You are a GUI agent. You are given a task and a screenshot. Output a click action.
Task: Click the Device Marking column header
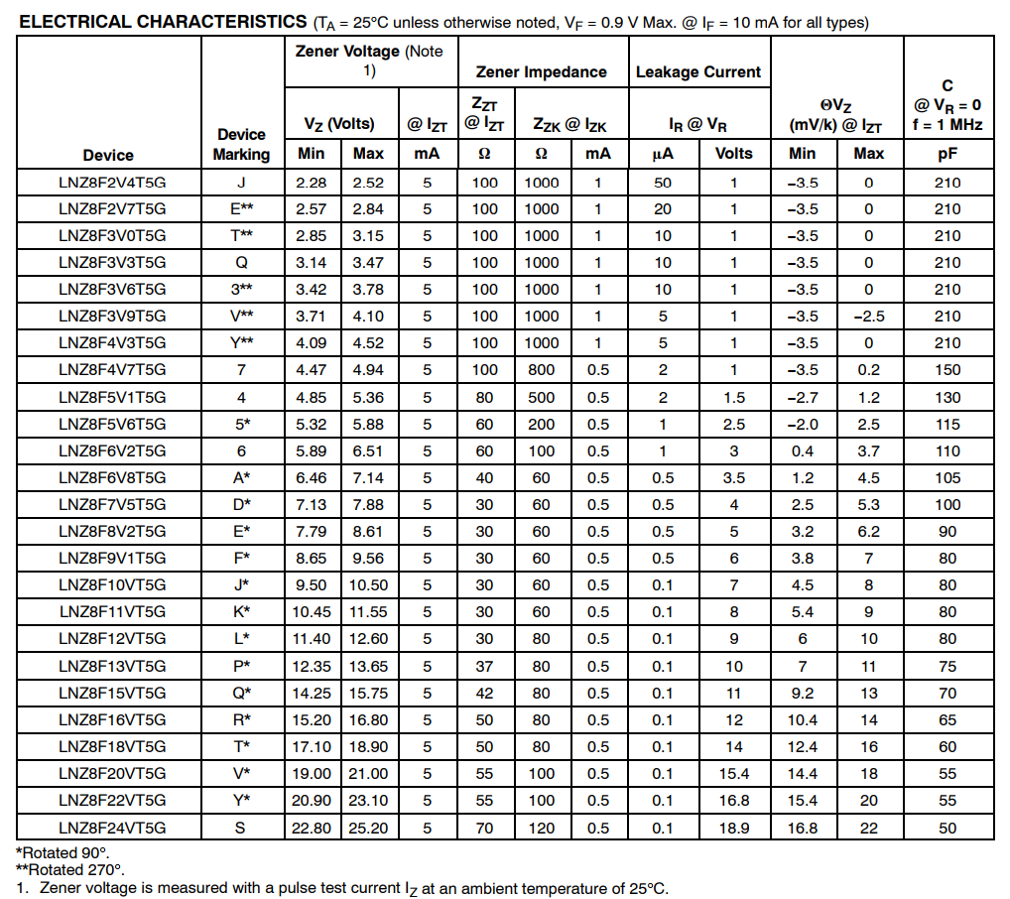coord(241,144)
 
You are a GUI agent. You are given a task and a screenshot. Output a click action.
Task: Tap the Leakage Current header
coord(697,71)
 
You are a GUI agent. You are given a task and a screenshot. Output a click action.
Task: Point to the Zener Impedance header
coord(541,71)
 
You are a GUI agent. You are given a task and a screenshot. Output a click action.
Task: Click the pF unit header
coord(947,154)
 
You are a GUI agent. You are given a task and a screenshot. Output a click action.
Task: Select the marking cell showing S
coord(241,827)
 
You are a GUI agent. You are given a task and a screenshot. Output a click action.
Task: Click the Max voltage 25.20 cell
coord(368,827)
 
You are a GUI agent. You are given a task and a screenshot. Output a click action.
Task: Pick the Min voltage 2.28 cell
coord(311,183)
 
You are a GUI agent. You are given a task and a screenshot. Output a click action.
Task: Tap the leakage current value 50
coord(662,183)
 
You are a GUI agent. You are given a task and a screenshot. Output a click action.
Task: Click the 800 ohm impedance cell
coord(542,370)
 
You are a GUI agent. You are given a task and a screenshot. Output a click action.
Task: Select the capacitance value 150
coord(947,370)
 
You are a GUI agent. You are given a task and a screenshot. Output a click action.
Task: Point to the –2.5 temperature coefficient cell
coord(868,317)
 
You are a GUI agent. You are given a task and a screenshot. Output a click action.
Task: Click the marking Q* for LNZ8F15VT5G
coord(241,693)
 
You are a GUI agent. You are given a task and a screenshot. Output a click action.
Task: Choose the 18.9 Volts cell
coord(733,827)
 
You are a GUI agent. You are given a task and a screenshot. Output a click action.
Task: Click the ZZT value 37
coord(484,666)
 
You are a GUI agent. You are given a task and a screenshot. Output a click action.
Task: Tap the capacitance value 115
coord(947,424)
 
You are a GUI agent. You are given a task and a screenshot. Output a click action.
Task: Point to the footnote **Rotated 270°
coord(69,870)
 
